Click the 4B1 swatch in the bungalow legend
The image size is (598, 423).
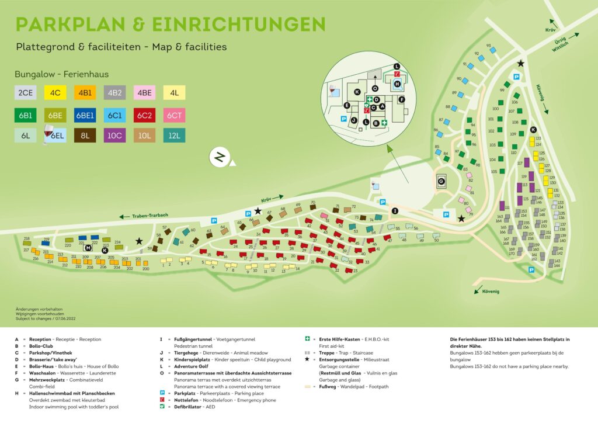coord(85,92)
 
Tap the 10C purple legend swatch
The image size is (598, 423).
coord(114,136)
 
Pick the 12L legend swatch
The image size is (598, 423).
coord(175,136)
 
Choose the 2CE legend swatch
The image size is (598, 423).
coord(25,92)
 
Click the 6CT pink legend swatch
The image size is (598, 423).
coord(175,115)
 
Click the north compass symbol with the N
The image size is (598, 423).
coord(220,157)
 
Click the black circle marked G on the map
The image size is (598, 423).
coord(441,182)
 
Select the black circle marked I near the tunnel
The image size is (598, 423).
coord(395,210)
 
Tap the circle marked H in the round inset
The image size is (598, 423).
coord(398,84)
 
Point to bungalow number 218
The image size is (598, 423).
coord(26,239)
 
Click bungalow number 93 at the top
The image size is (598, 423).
coord(489,45)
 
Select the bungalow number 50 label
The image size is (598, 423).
coord(436,240)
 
